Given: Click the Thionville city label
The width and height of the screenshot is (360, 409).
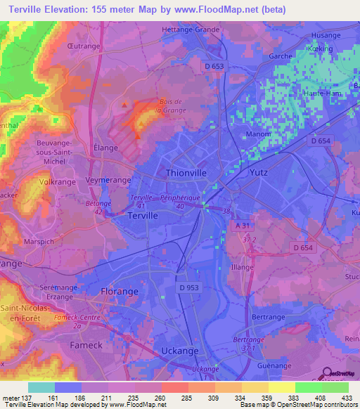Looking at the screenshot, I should [x=187, y=171].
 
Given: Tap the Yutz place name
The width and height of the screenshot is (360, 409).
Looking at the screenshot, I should [x=259, y=171].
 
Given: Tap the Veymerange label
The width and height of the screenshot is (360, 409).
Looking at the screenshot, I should [x=109, y=181].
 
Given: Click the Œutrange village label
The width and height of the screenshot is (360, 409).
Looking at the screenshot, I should [x=82, y=46].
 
